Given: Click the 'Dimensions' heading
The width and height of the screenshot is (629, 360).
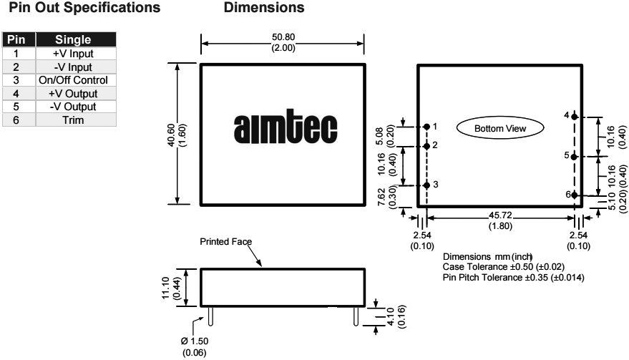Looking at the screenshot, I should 264,9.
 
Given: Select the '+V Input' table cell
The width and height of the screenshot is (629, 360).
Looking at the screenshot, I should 72,54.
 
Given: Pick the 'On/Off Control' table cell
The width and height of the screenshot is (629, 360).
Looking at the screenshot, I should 72,80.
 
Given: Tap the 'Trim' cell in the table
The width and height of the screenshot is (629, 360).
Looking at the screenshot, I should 72,120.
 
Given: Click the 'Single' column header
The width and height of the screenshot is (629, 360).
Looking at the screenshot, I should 72,40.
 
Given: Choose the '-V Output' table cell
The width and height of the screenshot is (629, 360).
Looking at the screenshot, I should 72,107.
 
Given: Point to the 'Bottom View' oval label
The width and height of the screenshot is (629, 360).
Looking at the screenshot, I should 500,128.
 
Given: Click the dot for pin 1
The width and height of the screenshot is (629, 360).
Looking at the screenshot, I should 427,127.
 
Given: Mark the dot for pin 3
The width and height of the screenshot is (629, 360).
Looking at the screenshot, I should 427,185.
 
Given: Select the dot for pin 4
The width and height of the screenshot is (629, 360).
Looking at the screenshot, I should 575,117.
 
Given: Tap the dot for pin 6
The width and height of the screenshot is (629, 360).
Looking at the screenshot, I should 575,195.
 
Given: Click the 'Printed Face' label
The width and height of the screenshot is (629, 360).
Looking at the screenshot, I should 226,242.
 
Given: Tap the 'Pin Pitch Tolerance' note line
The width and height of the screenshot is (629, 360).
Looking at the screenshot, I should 513,277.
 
